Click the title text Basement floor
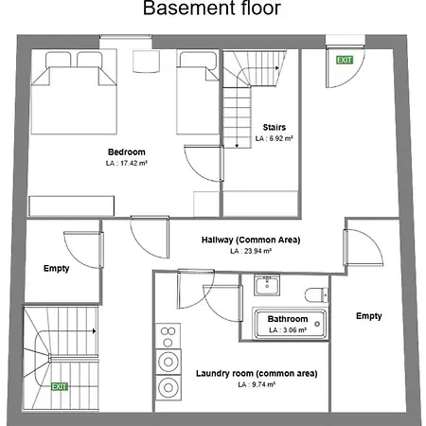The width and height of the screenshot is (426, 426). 212,10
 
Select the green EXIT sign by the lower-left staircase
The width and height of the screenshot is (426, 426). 60,386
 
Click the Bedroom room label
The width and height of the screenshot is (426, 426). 126,152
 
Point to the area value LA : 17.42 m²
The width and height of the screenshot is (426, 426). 126,164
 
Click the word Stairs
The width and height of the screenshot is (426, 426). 275,127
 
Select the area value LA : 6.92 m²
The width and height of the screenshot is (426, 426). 275,138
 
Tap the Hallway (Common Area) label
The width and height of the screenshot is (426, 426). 250,240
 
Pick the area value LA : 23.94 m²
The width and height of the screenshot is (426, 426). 250,252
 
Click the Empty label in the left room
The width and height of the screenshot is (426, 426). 57,269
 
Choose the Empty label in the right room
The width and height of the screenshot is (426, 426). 369,316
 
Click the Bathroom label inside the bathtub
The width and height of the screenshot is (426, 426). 289,319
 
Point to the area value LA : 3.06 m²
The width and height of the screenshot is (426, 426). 289,330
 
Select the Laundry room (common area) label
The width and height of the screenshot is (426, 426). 257,374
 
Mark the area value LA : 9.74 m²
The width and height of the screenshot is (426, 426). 257,385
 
